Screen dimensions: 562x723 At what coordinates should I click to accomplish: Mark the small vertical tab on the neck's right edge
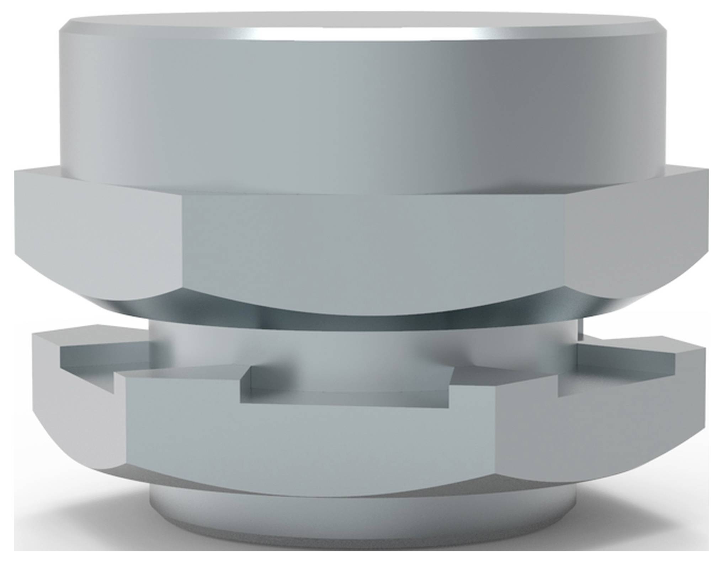pos(580,329)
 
